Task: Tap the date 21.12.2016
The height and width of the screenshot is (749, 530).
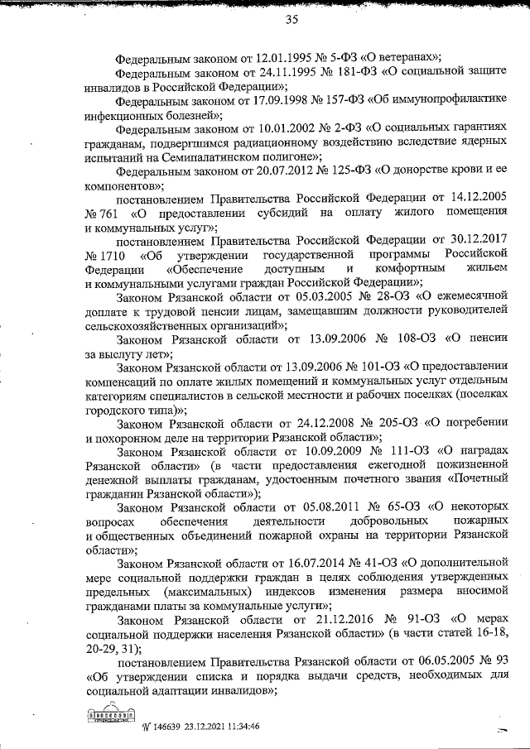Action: [309, 619]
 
